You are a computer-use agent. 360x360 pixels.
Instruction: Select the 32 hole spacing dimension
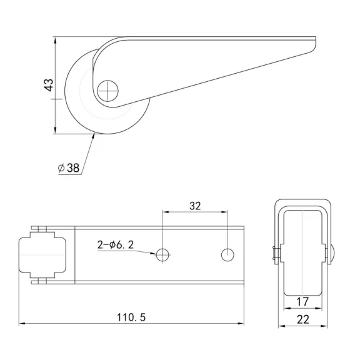(x=194, y=204)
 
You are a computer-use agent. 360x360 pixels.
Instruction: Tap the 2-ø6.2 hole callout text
(x=115, y=245)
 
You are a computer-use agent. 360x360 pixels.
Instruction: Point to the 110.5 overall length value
(x=131, y=317)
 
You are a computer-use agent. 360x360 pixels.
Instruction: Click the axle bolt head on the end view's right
(x=333, y=252)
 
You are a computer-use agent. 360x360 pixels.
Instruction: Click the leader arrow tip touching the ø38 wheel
(x=94, y=135)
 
